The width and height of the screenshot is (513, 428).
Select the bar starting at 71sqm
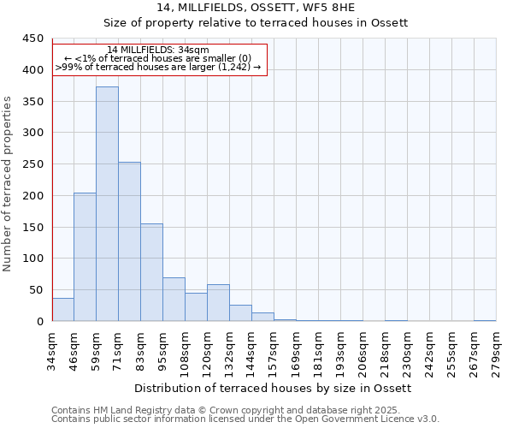point(129,241)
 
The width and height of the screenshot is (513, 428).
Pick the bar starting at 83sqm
point(151,272)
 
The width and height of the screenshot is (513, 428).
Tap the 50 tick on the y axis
point(36,290)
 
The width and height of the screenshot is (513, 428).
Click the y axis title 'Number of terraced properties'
point(9,184)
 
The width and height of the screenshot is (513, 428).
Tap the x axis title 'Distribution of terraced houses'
point(274,389)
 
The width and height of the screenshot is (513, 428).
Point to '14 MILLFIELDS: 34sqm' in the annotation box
point(158,51)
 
